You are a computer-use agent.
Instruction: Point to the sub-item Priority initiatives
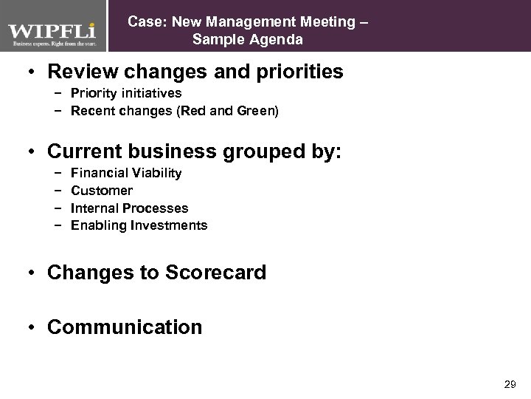tap(125, 94)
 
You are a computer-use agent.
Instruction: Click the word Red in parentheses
tap(187, 111)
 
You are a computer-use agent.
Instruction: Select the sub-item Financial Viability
tap(125, 174)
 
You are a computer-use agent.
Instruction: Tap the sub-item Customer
tap(102, 191)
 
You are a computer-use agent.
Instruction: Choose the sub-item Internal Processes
tap(129, 208)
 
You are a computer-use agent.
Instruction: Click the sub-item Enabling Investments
tap(139, 225)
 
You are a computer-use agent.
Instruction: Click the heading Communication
tap(124, 327)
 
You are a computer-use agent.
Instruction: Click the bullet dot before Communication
tap(32, 327)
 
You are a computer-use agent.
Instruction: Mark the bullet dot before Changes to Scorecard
tap(32, 273)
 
